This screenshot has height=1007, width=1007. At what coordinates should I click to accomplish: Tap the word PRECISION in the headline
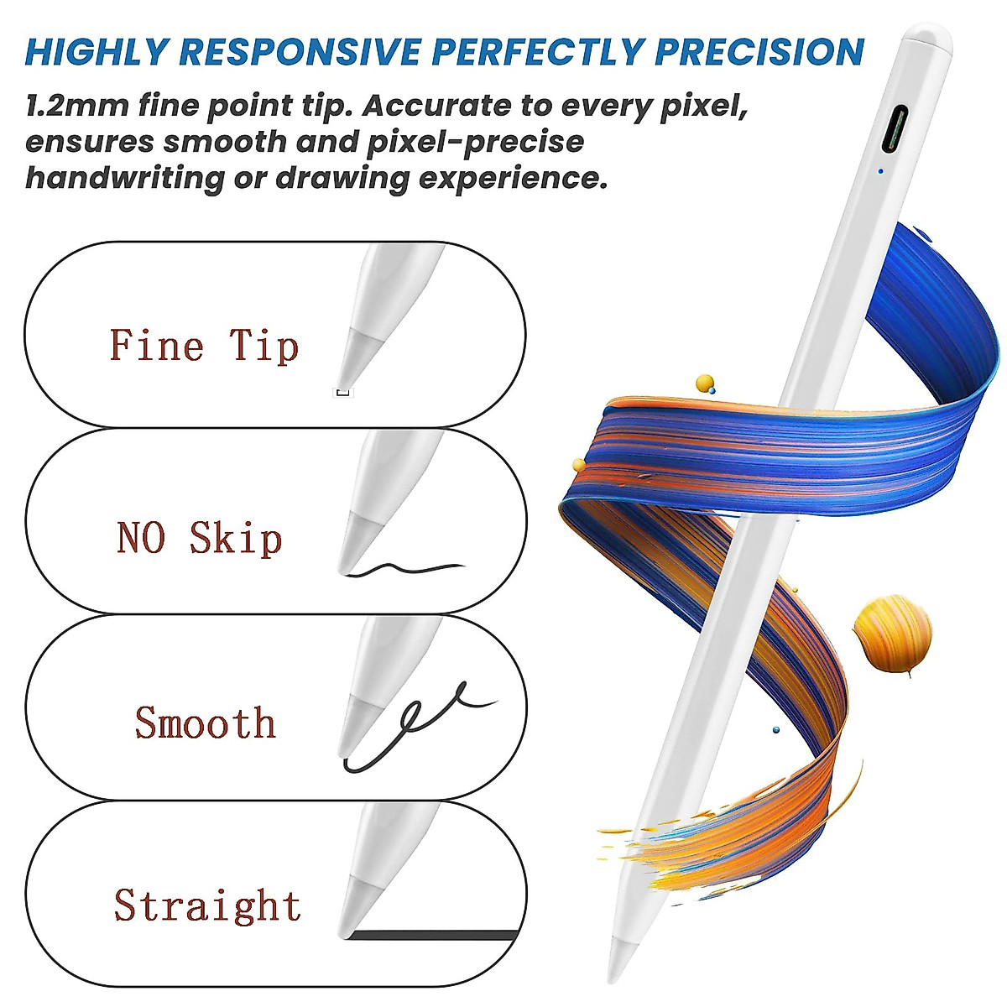click(759, 51)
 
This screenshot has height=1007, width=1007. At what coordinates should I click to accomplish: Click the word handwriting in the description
click(125, 178)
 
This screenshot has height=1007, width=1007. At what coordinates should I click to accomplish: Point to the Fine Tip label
click(204, 345)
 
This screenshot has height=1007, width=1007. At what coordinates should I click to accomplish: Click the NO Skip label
click(200, 537)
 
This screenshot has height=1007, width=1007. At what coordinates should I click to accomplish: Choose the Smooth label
click(206, 723)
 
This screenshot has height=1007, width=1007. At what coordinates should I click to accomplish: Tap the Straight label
click(207, 905)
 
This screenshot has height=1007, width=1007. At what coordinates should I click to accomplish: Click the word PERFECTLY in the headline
click(537, 51)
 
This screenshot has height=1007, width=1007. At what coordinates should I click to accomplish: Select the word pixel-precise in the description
click(475, 142)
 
